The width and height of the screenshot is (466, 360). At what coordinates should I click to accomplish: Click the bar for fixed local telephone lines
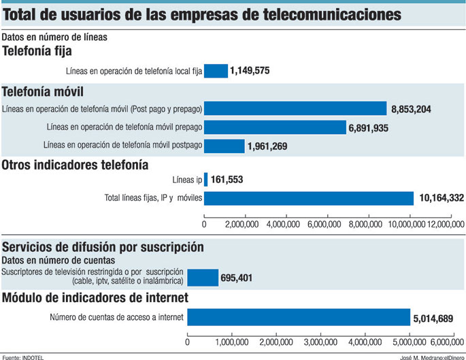tap(216, 71)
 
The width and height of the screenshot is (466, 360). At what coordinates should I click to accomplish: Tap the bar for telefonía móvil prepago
tap(276, 127)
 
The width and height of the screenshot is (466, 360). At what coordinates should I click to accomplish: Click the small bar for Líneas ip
tap(205, 180)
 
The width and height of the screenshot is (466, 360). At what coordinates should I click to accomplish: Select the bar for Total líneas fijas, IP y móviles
tap(309, 198)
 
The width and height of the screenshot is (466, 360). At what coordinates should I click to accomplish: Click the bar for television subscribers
tap(203, 277)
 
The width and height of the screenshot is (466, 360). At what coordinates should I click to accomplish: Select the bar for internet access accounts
tap(299, 317)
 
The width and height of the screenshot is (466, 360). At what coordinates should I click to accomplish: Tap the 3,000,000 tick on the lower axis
tap(320, 342)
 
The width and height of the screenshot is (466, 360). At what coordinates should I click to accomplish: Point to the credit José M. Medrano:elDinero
tap(430, 356)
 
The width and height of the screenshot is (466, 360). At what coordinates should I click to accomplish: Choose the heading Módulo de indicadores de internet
tap(95, 297)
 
